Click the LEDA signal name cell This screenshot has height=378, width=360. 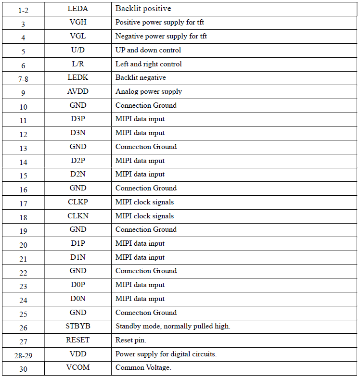pyautogui.click(x=78, y=8)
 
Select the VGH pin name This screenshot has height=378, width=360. pyautogui.click(x=78, y=22)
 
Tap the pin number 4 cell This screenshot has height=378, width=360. pyautogui.click(x=23, y=37)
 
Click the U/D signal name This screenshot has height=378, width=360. pyautogui.click(x=78, y=50)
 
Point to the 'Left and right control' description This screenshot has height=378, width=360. pyautogui.click(x=148, y=64)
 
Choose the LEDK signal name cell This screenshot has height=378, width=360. pyautogui.click(x=78, y=77)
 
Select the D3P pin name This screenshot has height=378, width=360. pyautogui.click(x=78, y=119)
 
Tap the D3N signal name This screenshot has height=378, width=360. pyautogui.click(x=78, y=133)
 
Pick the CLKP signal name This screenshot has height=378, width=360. pyautogui.click(x=78, y=202)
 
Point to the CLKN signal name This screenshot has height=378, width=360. pyautogui.click(x=78, y=216)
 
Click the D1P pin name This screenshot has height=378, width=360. pyautogui.click(x=78, y=243)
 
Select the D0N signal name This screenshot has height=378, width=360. pyautogui.click(x=78, y=299)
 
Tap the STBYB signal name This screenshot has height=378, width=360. pyautogui.click(x=78, y=326)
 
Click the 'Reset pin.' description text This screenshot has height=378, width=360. pyautogui.click(x=130, y=340)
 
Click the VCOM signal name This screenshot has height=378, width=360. pyautogui.click(x=78, y=367)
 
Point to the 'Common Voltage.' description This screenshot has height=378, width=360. pyautogui.click(x=143, y=367)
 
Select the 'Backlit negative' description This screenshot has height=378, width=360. pyautogui.click(x=140, y=77)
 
